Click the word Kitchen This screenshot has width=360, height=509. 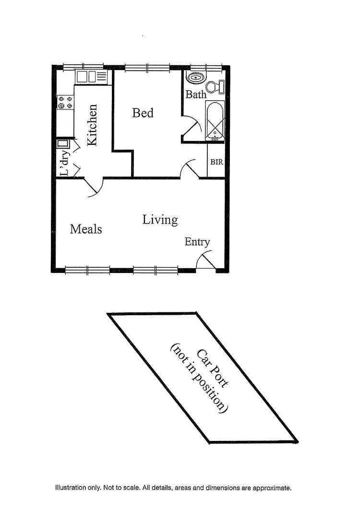pyautogui.click(x=92, y=125)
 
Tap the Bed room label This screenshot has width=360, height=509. pyautogui.click(x=143, y=113)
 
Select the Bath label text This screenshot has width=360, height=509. pyautogui.click(x=195, y=94)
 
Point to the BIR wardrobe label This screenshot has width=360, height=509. pyautogui.click(x=216, y=162)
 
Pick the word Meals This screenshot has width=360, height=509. pyautogui.click(x=86, y=229)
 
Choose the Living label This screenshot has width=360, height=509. pyautogui.click(x=160, y=220)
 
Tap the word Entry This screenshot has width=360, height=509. pyautogui.click(x=197, y=242)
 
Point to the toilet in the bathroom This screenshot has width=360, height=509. pyautogui.click(x=220, y=87)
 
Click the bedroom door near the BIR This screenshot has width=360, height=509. pyautogui.click(x=190, y=169)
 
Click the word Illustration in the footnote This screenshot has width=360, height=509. pyautogui.click(x=70, y=488)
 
